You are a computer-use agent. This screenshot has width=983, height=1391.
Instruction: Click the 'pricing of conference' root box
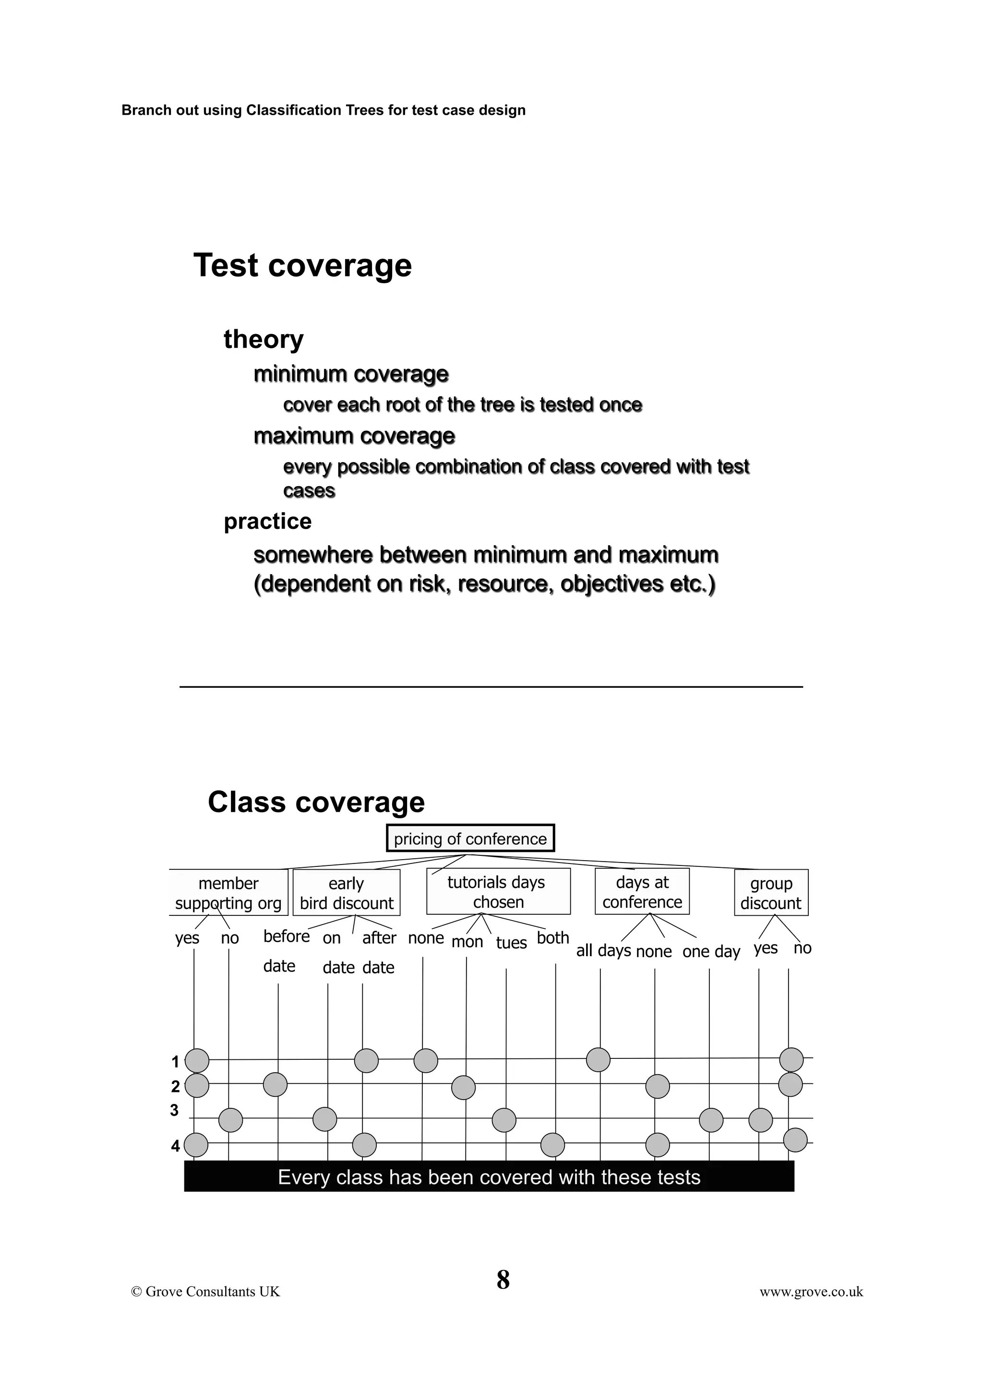[470, 839]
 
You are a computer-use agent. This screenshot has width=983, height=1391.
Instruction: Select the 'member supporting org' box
[228, 893]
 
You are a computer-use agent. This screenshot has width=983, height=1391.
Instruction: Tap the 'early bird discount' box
[347, 893]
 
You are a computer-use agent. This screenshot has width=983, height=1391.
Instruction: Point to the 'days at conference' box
[642, 892]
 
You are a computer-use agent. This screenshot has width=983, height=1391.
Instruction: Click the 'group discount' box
[771, 893]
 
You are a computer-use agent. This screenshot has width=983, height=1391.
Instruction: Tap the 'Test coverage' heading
[302, 265]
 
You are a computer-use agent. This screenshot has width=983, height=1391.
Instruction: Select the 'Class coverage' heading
[316, 802]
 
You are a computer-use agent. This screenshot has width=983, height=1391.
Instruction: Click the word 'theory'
[264, 339]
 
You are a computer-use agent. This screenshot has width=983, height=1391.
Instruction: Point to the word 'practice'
[268, 521]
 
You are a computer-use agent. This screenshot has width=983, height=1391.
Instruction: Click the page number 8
[503, 1280]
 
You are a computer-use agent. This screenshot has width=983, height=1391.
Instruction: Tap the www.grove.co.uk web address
[811, 1292]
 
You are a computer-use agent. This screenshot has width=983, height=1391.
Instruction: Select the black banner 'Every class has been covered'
[489, 1177]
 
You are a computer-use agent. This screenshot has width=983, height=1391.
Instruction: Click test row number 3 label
[174, 1111]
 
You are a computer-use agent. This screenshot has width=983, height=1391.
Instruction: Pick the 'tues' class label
[511, 943]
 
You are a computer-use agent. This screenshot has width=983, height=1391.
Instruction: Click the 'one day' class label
[711, 951]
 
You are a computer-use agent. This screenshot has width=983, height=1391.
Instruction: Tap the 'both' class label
[553, 938]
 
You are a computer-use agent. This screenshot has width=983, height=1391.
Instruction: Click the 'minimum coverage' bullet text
[351, 374]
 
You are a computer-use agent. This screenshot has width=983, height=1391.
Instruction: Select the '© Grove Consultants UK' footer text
[205, 1292]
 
